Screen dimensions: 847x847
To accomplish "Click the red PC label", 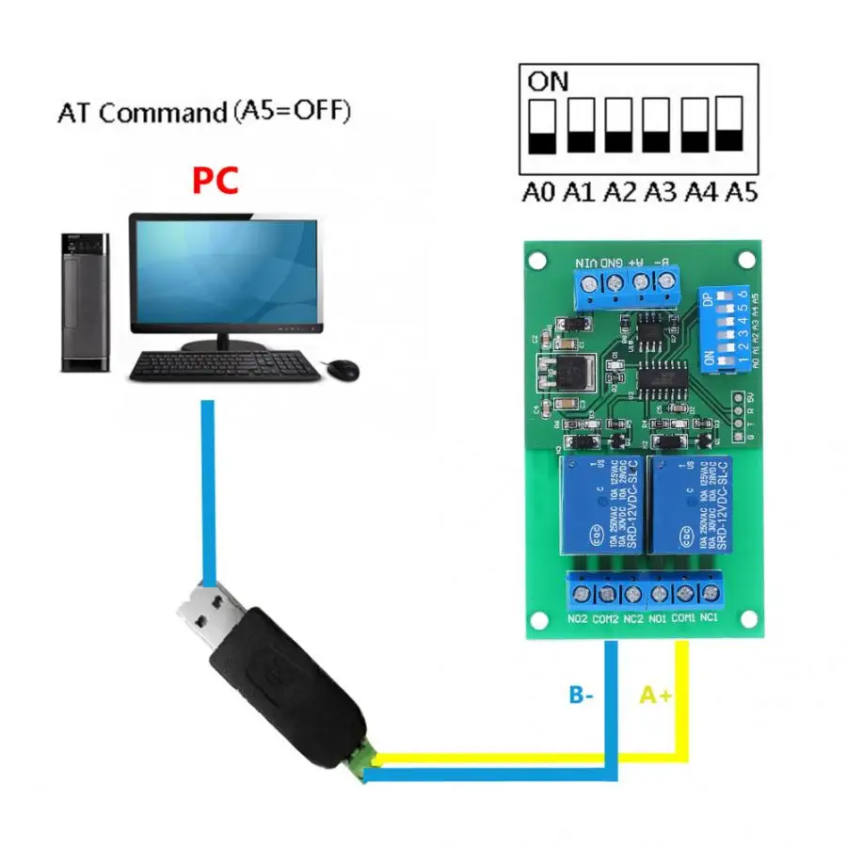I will [216, 180].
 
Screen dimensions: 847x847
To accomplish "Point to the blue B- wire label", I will [581, 695].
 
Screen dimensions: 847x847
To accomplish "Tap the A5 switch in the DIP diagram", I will [730, 124].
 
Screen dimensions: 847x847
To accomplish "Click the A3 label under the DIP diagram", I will [662, 194].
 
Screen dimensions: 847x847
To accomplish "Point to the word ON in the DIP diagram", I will [548, 81].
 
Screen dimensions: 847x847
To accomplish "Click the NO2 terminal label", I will [578, 618].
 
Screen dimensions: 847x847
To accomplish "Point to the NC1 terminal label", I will [710, 618].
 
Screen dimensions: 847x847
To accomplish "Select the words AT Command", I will [137, 114].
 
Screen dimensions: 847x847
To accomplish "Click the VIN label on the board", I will [586, 261].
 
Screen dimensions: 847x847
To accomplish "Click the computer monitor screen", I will [224, 271].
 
